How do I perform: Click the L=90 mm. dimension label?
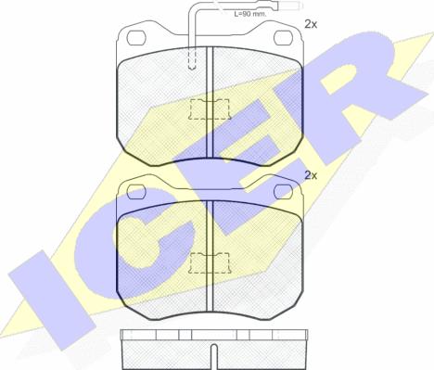[x=250, y=14]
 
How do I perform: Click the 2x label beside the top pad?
[x=311, y=24]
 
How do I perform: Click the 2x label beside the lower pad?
[x=311, y=175]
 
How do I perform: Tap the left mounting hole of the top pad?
[x=136, y=38]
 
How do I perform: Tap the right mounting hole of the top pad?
[x=283, y=38]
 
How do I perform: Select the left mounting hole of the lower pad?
[x=136, y=192]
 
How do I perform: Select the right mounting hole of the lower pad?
[x=283, y=192]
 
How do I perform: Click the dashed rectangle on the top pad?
[x=210, y=109]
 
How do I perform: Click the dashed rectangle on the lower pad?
[x=210, y=263]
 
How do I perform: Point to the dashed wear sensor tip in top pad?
[x=192, y=58]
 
